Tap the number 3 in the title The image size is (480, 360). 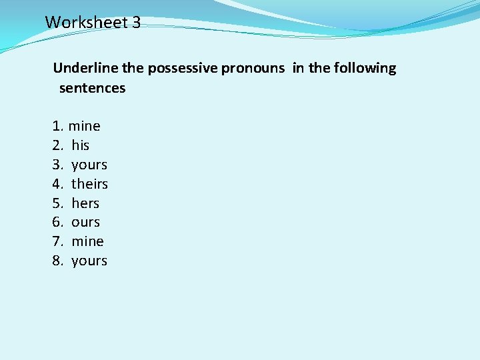136,22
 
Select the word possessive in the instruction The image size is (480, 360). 182,68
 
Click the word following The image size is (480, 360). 364,68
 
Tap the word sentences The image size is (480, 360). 92,88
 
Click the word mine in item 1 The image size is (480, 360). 85,126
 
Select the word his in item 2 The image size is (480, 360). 81,145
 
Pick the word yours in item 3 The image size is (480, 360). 89,165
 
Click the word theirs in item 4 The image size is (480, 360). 89,183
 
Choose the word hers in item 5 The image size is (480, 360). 85,203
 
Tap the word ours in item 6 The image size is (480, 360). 85,222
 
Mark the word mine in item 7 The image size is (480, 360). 87,241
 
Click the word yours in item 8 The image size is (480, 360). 89,261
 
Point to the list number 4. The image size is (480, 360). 57,183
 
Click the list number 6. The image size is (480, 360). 57,222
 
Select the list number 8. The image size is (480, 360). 57,261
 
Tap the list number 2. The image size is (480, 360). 57,145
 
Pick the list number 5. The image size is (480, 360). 57,203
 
